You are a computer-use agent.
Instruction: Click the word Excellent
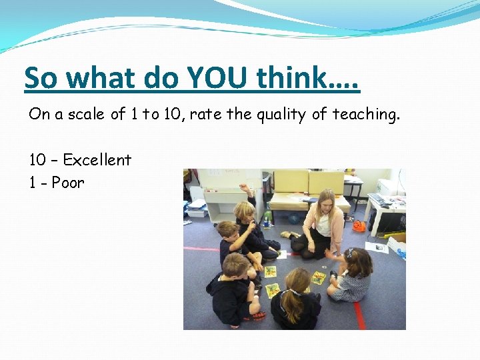click(97, 160)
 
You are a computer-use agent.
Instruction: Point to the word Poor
click(68, 183)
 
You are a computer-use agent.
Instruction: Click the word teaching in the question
click(366, 115)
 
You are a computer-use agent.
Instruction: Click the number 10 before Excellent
click(37, 160)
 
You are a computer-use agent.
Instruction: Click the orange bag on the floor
click(359, 225)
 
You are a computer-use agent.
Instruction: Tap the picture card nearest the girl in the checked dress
click(319, 277)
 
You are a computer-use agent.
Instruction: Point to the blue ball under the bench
click(294, 218)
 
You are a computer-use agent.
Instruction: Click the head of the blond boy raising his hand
click(245, 212)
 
